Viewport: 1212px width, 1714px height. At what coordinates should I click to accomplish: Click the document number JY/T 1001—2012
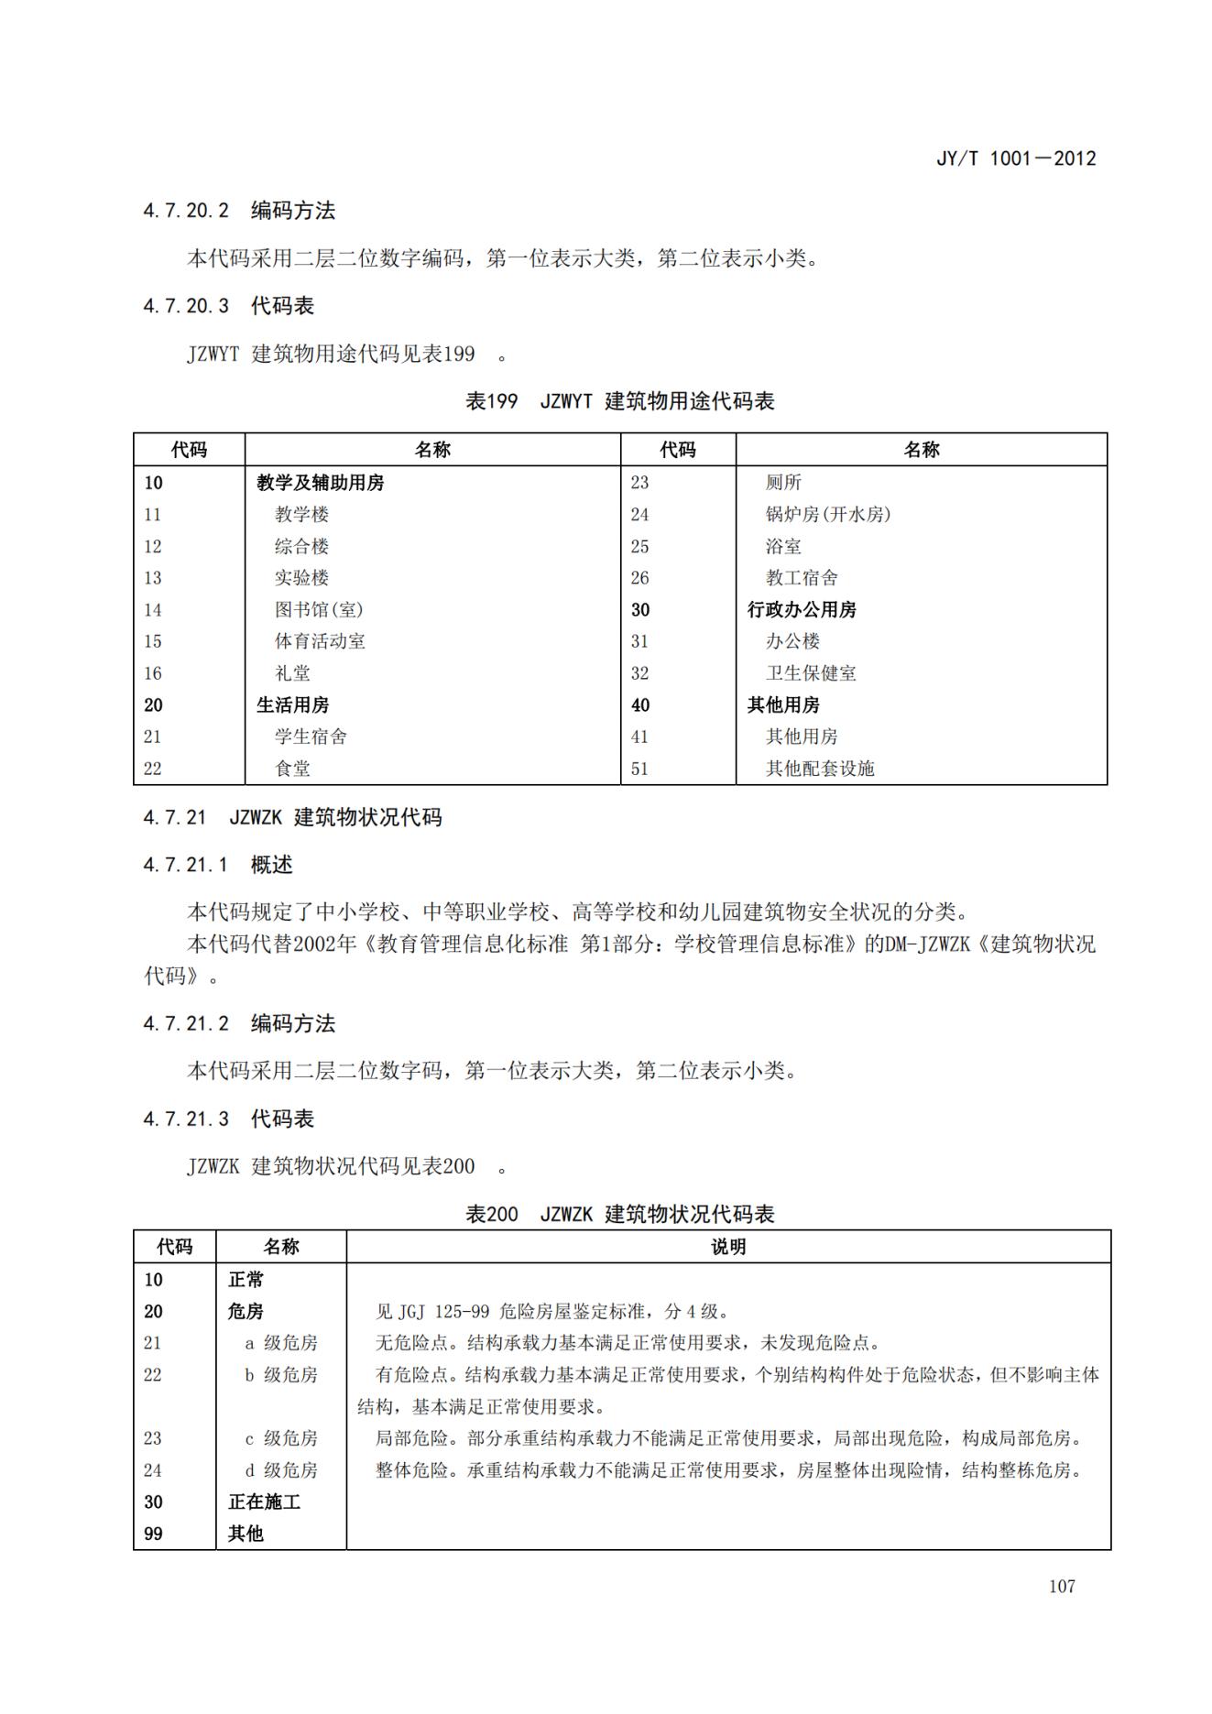pyautogui.click(x=1015, y=158)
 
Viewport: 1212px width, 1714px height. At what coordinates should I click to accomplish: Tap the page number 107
pyautogui.click(x=1062, y=1586)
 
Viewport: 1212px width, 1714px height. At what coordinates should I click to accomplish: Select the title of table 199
pyautogui.click(x=620, y=401)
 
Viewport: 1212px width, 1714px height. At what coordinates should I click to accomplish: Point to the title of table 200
pyautogui.click(x=620, y=1214)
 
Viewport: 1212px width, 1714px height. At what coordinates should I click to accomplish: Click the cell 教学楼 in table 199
pyautogui.click(x=301, y=515)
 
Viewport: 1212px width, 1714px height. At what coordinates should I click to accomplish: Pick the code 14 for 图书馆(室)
pyautogui.click(x=153, y=610)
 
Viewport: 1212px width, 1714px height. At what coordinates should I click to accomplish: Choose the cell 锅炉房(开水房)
pyautogui.click(x=827, y=515)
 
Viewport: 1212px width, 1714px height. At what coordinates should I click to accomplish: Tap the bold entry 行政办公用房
pyautogui.click(x=802, y=610)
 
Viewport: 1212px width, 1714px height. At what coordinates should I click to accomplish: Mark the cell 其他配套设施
pyautogui.click(x=820, y=769)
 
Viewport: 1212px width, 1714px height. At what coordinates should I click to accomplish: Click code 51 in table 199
pyautogui.click(x=639, y=769)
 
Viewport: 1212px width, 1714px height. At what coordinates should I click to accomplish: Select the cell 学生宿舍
pyautogui.click(x=311, y=737)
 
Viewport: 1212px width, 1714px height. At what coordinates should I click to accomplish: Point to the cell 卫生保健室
pyautogui.click(x=811, y=673)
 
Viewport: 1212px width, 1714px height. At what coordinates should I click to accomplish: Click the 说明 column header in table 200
pyautogui.click(x=728, y=1247)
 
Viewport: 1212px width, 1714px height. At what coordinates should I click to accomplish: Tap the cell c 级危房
pyautogui.click(x=281, y=1438)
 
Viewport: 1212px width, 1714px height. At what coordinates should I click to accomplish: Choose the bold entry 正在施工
pyautogui.click(x=264, y=1501)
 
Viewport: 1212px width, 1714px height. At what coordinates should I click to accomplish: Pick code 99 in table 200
pyautogui.click(x=153, y=1534)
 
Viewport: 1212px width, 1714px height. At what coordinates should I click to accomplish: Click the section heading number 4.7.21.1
pyautogui.click(x=185, y=865)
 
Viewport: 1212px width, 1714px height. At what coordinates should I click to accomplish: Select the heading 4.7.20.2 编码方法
pyautogui.click(x=239, y=211)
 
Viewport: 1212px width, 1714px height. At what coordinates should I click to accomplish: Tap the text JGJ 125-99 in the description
pyautogui.click(x=445, y=1312)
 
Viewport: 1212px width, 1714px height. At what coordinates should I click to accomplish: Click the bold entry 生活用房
pyautogui.click(x=292, y=705)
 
